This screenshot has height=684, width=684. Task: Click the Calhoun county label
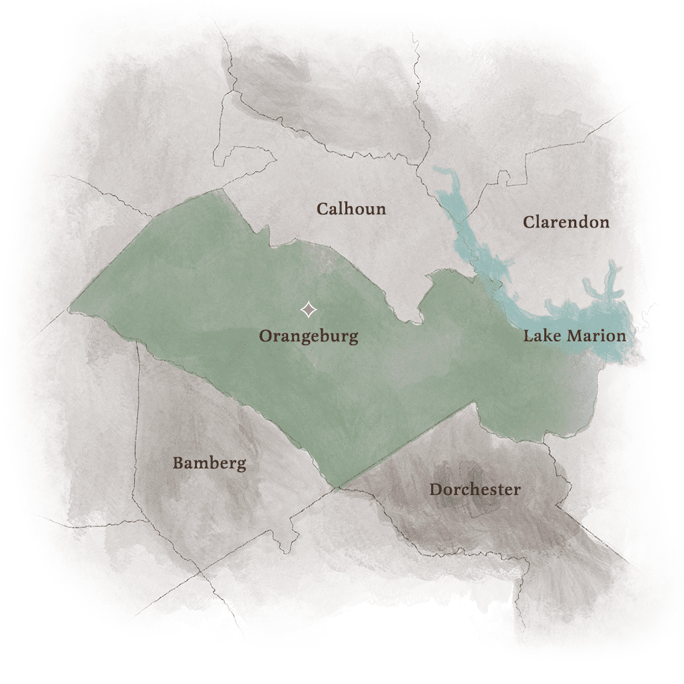click(351, 209)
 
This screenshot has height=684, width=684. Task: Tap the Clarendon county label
click(566, 222)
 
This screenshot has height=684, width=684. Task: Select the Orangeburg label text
click(308, 336)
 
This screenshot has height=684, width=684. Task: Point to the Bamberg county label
click(209, 464)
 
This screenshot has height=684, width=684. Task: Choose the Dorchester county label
click(474, 490)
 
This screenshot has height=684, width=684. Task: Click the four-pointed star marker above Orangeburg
click(308, 309)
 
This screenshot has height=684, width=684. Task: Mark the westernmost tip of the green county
click(70, 309)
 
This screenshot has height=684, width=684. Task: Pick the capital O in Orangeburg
click(265, 336)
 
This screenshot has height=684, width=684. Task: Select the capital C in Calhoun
click(322, 209)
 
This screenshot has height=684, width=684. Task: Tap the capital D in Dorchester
click(435, 490)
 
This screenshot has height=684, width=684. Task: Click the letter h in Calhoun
click(351, 208)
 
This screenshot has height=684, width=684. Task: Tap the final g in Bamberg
click(240, 465)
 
